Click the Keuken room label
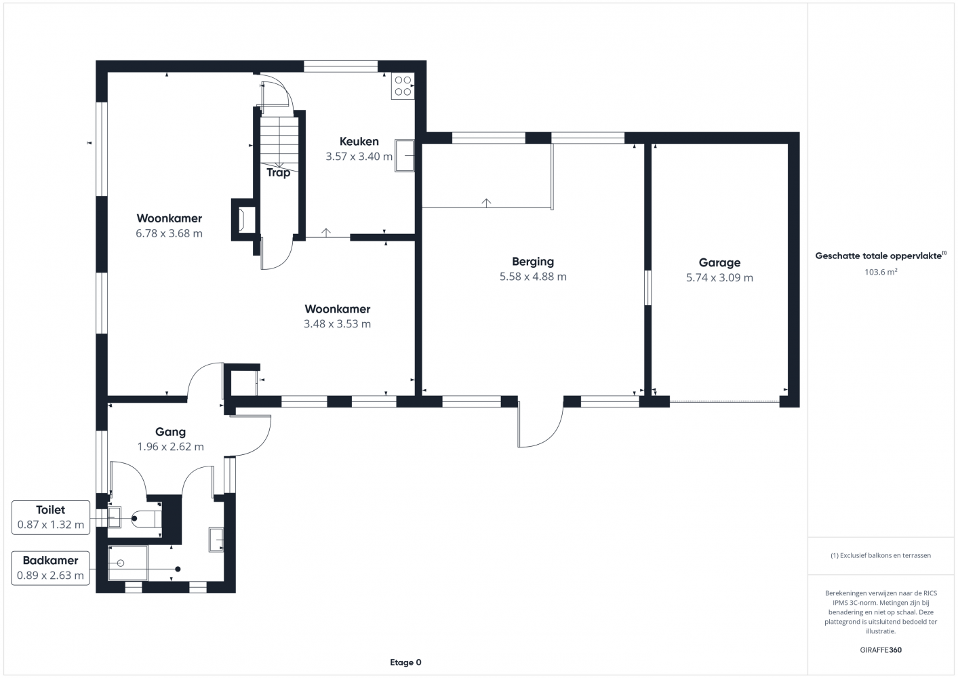pyautogui.click(x=359, y=141)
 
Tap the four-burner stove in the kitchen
pyautogui.click(x=403, y=86)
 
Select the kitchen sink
pyautogui.click(x=404, y=156)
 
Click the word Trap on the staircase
pyautogui.click(x=279, y=173)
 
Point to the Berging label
pyautogui.click(x=533, y=261)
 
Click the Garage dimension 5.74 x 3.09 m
pyautogui.click(x=719, y=277)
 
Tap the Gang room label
pyautogui.click(x=170, y=432)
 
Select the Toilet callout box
pyautogui.click(x=51, y=517)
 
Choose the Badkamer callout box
pyautogui.click(x=50, y=568)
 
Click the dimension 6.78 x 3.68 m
pyautogui.click(x=169, y=233)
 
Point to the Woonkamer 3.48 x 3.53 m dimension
pyautogui.click(x=337, y=324)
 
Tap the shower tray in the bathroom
pyautogui.click(x=128, y=563)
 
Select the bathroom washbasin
pyautogui.click(x=216, y=540)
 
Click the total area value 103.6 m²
pyautogui.click(x=881, y=272)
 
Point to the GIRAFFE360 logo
pyautogui.click(x=881, y=650)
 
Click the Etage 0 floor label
pyautogui.click(x=405, y=662)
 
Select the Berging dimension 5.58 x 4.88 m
pyautogui.click(x=533, y=277)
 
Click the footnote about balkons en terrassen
pyautogui.click(x=881, y=555)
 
